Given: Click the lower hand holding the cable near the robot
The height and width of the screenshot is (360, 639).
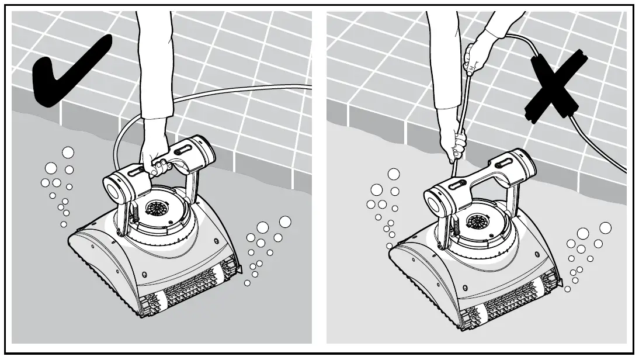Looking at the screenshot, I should point(455,147).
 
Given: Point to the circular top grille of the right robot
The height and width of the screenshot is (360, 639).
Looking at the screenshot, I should point(478,222).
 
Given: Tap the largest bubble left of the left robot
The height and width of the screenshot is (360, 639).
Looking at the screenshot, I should point(68,153).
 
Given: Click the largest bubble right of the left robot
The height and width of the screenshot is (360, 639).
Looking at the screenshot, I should point(285,222).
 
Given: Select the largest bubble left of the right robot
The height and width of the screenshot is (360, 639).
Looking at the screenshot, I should point(394,174).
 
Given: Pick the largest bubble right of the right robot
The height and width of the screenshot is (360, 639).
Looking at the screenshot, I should point(605,227).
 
